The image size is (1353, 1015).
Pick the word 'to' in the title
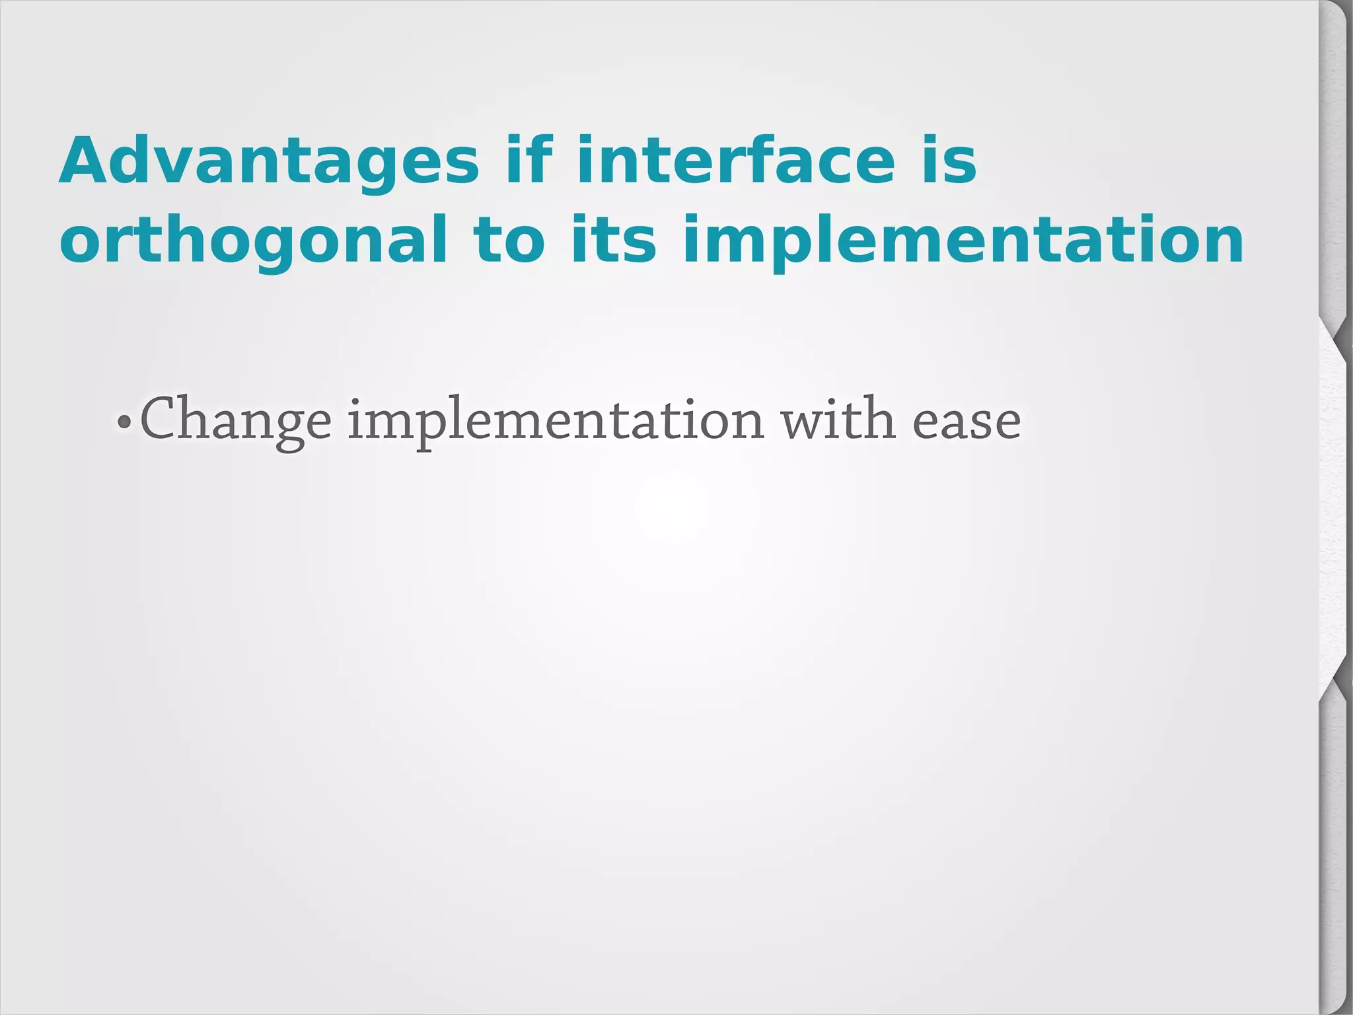pos(508,239)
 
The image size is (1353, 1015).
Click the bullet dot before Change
pos(123,421)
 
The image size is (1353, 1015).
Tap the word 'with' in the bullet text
pos(838,419)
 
